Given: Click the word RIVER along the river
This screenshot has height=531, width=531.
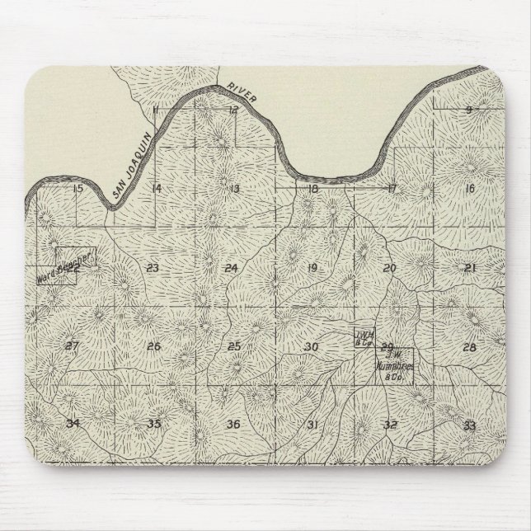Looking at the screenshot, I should click(242, 95).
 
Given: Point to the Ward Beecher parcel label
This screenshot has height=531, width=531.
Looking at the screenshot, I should click(68, 268).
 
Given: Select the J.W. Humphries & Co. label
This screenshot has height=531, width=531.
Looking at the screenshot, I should click(394, 371).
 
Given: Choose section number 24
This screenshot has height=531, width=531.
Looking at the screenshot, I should click(231, 268).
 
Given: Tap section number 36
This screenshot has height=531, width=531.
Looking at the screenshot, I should click(233, 424).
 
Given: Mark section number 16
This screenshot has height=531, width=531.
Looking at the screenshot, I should click(471, 189).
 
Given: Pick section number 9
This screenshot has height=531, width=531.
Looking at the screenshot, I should click(468, 110).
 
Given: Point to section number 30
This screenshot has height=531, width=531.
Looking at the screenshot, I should click(311, 347).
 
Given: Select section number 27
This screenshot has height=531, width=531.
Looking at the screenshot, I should click(72, 346).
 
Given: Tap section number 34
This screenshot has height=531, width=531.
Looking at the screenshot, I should click(73, 424).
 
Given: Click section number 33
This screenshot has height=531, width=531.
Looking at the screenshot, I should click(469, 425).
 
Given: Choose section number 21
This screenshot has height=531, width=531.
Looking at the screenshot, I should click(470, 268).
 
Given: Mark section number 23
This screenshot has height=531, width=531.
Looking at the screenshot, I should click(152, 268).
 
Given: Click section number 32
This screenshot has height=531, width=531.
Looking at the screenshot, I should click(391, 425).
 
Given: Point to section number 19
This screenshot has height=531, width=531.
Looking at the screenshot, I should click(312, 268).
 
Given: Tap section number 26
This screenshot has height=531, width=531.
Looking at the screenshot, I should click(153, 346).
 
